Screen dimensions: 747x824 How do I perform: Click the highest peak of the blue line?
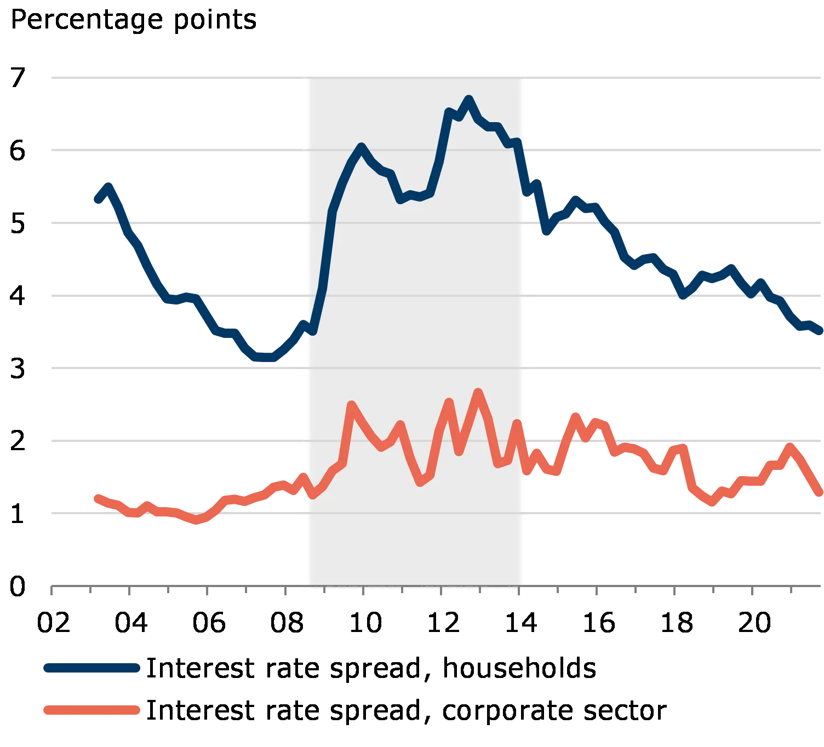[469, 99]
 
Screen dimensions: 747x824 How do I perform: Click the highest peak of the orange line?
[478, 392]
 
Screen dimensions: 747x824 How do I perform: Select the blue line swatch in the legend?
[92, 668]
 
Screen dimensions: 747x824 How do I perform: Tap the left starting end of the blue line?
[96, 200]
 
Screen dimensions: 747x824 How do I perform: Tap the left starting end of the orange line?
[96, 497]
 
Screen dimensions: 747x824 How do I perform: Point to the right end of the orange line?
[821, 495]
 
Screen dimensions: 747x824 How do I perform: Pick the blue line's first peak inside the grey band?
[361, 146]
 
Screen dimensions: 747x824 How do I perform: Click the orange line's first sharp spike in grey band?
[352, 405]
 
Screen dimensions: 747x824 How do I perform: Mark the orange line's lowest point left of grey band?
[197, 520]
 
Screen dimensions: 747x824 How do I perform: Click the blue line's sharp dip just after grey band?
[546, 231]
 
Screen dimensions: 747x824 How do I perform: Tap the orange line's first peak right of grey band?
[576, 416]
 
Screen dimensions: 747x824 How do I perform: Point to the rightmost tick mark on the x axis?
[792, 590]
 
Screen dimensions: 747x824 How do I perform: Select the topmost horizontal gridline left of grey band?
[175, 76]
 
